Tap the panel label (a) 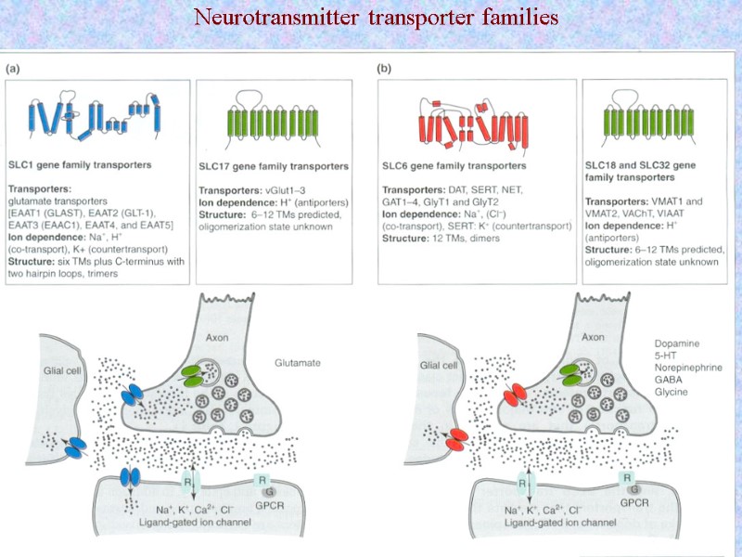pos(16,69)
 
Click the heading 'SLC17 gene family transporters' pos(275,166)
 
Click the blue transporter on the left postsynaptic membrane pos(132,480)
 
